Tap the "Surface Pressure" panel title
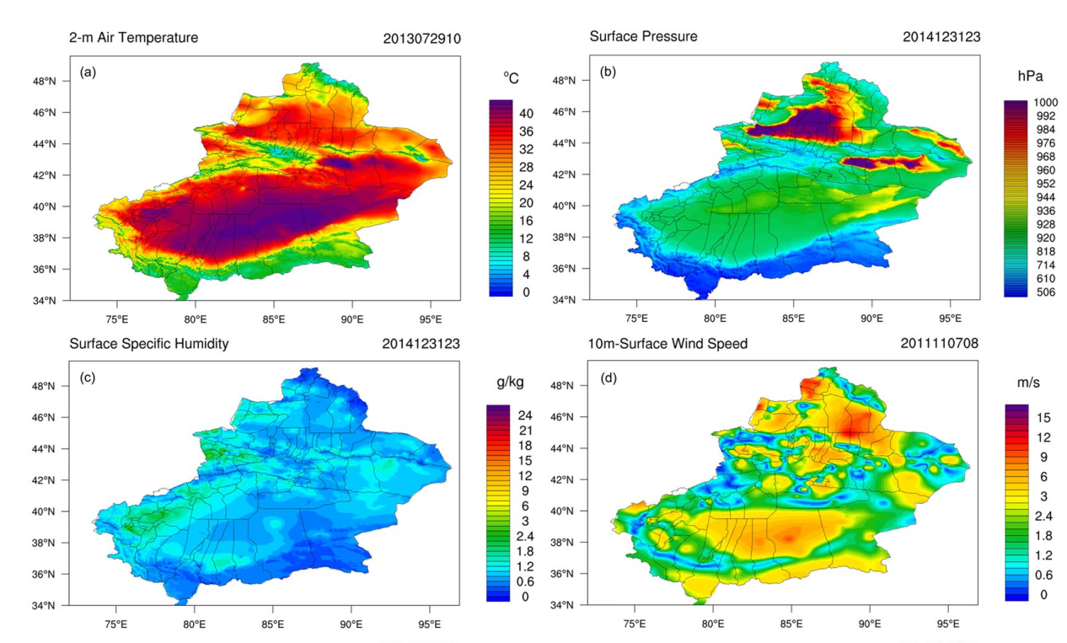642,37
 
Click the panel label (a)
88,72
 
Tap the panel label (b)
607,72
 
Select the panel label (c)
88,378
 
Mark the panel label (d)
607,378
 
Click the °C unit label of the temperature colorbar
511,78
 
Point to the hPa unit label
1030,76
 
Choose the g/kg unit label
511,383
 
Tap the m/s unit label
1028,383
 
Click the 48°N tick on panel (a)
56,81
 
